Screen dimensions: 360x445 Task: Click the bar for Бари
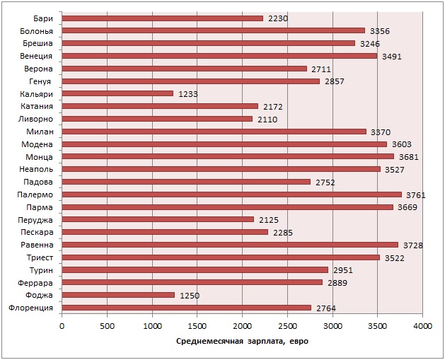162,18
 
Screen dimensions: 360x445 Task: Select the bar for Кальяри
117,93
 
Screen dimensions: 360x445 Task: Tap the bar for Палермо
231,194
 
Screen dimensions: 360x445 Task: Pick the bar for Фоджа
118,295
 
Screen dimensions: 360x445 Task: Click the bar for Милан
214,132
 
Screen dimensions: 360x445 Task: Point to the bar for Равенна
230,245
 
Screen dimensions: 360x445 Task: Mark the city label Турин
43,269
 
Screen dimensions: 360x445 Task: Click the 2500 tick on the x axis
287,326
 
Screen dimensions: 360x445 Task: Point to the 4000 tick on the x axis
422,326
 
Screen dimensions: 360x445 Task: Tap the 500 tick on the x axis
107,326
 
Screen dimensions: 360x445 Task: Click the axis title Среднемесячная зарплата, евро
242,342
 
